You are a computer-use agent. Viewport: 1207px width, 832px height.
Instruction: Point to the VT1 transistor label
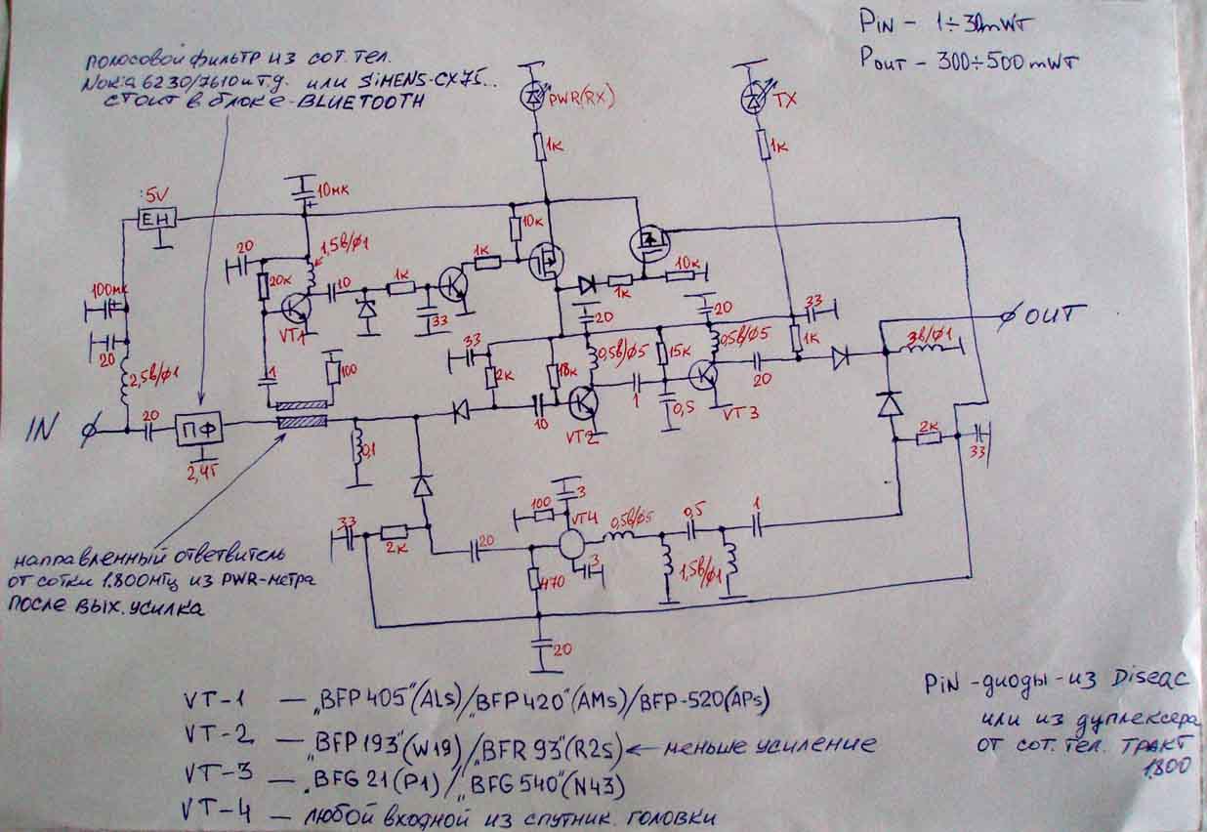[291, 337]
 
